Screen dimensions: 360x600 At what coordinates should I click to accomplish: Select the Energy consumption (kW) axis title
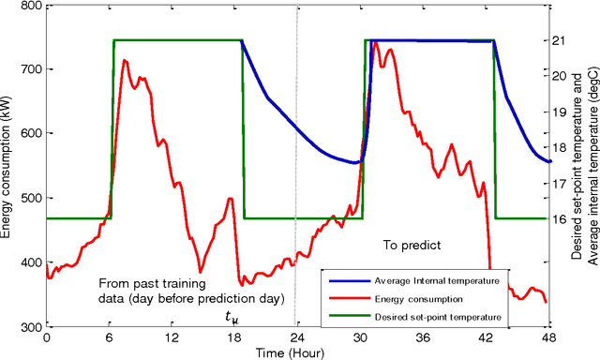[7, 167]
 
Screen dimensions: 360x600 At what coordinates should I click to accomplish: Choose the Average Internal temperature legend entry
[435, 280]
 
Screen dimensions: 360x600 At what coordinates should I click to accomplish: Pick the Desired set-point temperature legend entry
[436, 318]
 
